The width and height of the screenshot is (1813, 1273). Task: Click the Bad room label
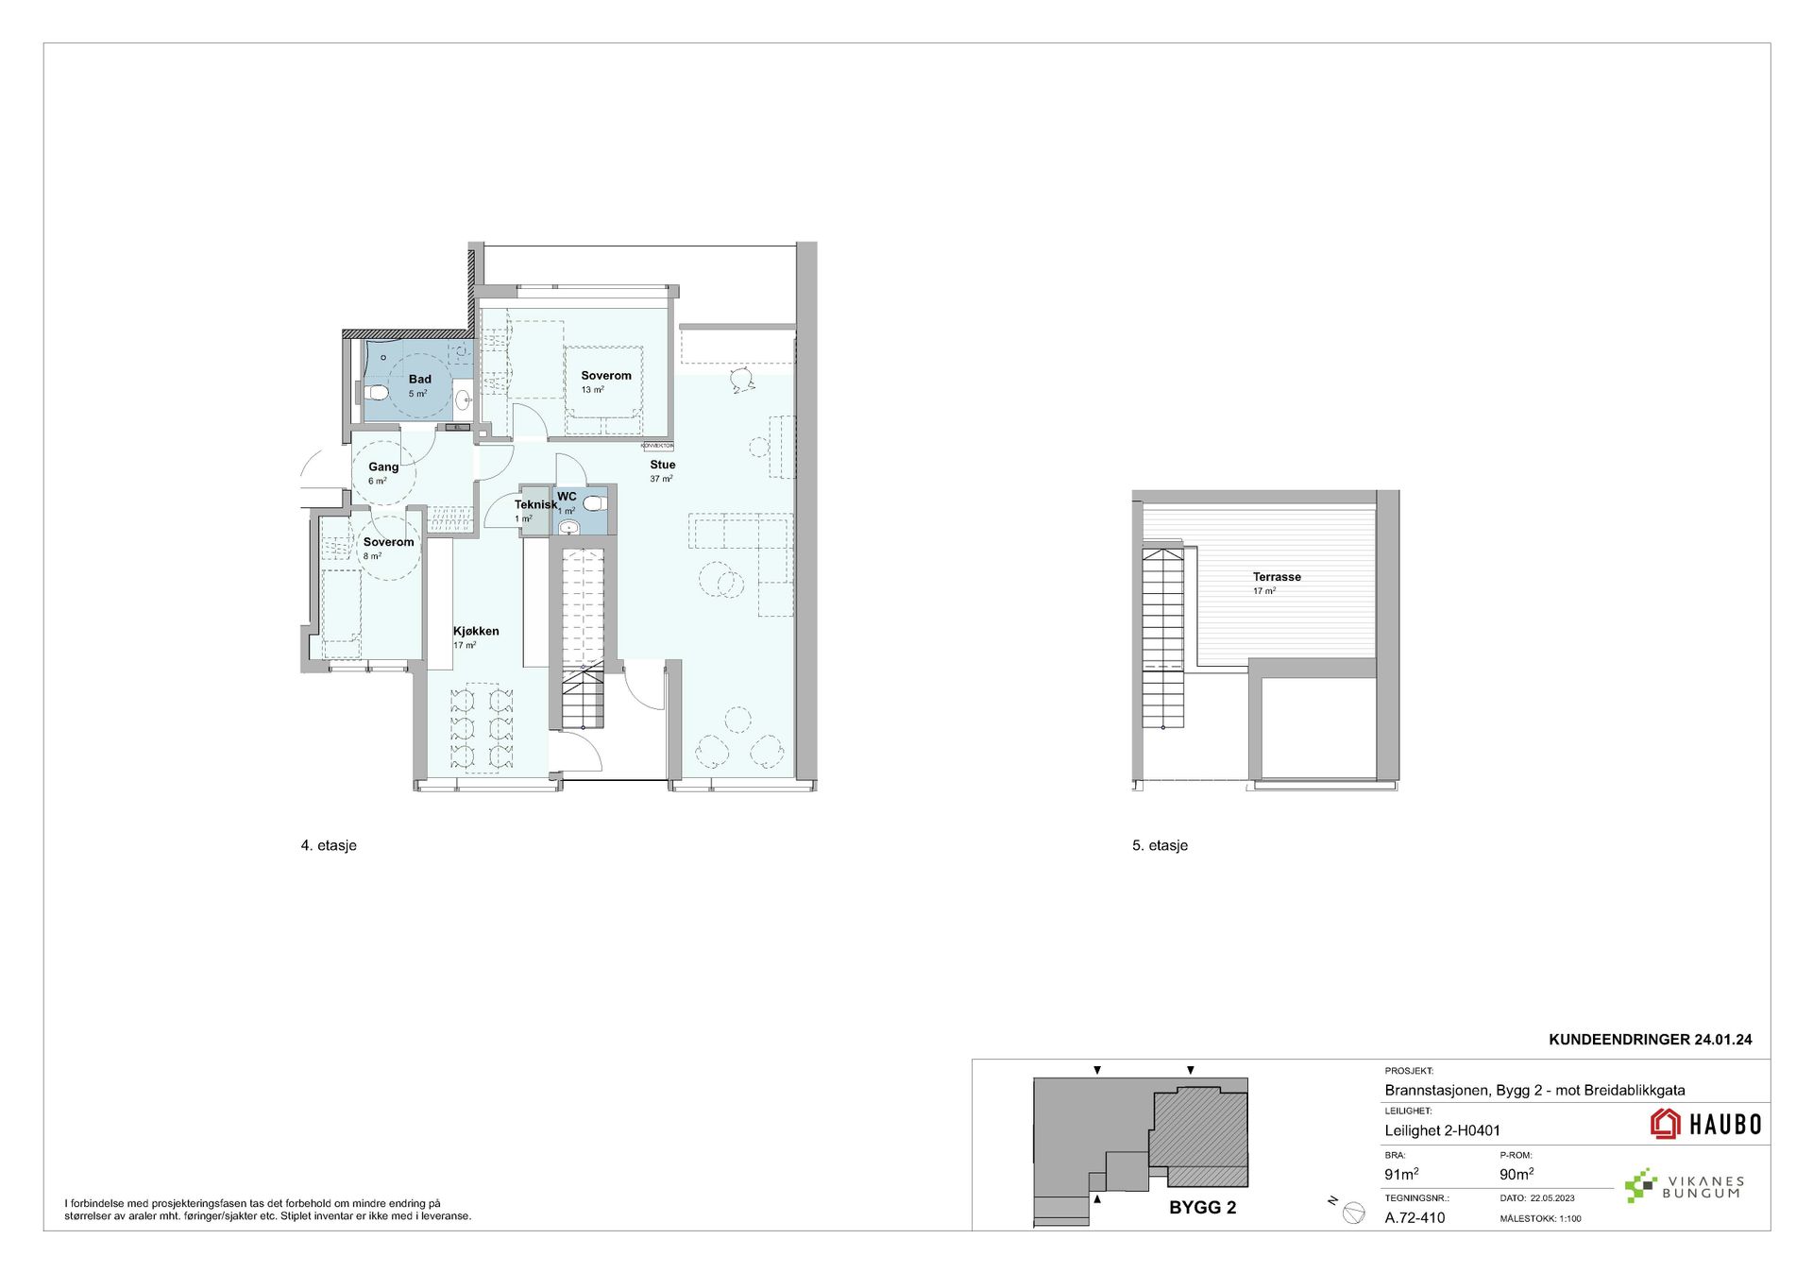click(419, 380)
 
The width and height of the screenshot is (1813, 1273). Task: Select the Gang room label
click(383, 467)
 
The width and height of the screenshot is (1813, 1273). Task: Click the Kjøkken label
click(476, 631)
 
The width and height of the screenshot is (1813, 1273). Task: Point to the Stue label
click(662, 465)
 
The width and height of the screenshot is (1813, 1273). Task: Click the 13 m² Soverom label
click(606, 376)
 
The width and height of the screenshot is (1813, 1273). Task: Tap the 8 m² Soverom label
click(388, 542)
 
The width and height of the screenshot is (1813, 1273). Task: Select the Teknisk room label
click(535, 504)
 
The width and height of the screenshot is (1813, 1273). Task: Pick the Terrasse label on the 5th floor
click(1277, 577)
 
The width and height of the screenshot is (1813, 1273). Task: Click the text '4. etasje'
click(329, 846)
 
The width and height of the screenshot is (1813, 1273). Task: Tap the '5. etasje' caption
click(1160, 846)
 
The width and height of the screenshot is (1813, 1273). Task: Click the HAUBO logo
click(1705, 1124)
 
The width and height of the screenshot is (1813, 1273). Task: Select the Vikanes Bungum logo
click(1684, 1187)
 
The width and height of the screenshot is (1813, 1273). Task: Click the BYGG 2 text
click(1202, 1208)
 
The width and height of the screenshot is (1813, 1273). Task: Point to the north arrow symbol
click(1353, 1214)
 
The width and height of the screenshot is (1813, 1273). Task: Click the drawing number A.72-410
click(1415, 1218)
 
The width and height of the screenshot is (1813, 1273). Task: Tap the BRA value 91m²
click(1401, 1175)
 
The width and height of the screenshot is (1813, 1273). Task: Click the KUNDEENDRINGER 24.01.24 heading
click(1651, 1040)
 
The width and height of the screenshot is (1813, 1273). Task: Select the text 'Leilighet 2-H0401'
click(1442, 1130)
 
